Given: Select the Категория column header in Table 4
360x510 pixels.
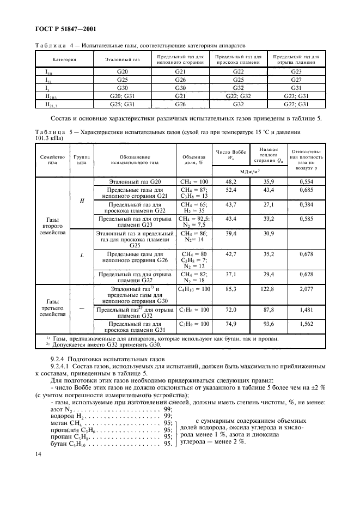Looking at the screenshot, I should pyautogui.click(x=64, y=59).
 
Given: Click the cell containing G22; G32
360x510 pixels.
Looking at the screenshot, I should pyautogui.click(x=238, y=95).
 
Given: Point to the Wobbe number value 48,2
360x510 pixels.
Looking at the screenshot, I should pyautogui.click(x=231, y=180).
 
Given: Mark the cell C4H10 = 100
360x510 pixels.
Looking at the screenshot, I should pyautogui.click(x=194, y=289).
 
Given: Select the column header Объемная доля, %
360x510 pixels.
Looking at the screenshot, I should pyautogui.click(x=193, y=159).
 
